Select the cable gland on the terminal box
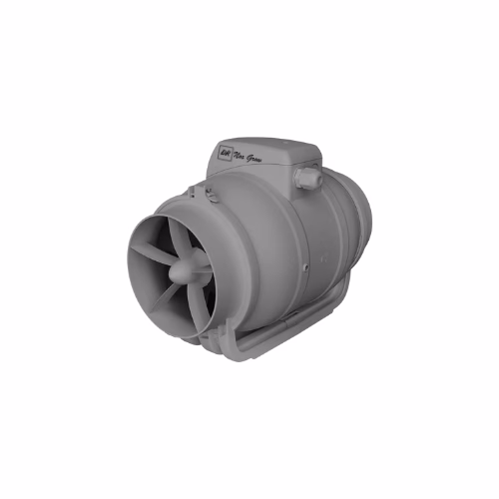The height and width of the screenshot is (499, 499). tap(307, 180)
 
